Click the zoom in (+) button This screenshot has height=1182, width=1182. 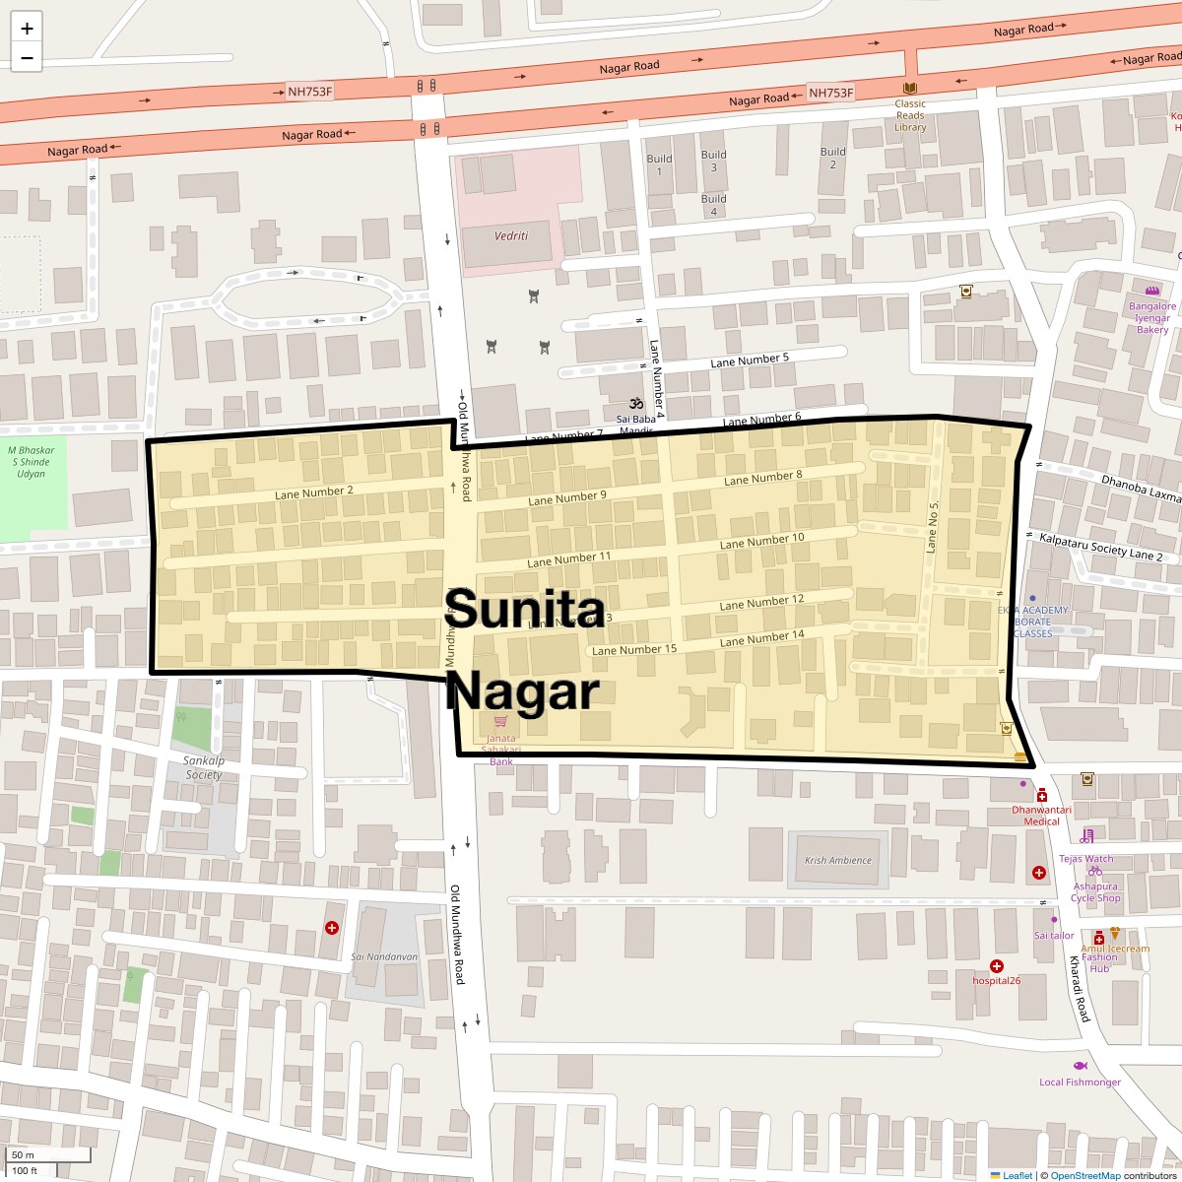point(27,29)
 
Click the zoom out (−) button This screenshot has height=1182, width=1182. point(27,58)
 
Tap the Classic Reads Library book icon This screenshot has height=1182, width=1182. point(910,89)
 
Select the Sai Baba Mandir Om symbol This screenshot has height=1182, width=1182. point(636,403)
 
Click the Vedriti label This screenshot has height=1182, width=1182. point(510,236)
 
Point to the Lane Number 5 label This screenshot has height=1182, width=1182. point(750,361)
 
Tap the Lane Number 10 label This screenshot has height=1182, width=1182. point(761,541)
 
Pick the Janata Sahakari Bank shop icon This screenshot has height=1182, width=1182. point(500,722)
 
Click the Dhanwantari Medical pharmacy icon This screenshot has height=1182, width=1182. point(1041,795)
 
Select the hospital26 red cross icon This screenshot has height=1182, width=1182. point(997,966)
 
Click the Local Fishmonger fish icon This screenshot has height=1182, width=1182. point(1080,1067)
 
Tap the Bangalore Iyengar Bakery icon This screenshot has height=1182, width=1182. point(1152,291)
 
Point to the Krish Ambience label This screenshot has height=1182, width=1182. point(838,860)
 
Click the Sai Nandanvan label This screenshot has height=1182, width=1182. point(384,956)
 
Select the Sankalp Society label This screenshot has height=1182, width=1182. point(203,767)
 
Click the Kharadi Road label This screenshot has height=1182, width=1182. point(1081,988)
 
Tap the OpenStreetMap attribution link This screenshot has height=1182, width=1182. point(1084,1175)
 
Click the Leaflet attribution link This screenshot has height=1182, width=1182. point(1018,1175)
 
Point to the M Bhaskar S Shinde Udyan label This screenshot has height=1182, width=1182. point(31,462)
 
